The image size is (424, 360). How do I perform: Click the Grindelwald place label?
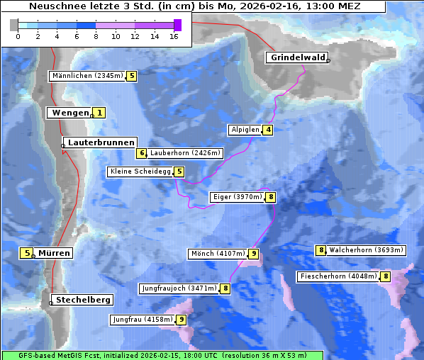[296, 57]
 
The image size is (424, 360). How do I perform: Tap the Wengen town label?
[69, 113]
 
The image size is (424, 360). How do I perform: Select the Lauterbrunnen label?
[101, 142]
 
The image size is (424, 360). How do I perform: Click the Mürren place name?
[54, 253]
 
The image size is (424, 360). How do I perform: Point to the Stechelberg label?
[84, 300]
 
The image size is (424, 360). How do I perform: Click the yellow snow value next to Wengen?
[100, 113]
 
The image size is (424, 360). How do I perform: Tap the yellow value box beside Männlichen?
[132, 75]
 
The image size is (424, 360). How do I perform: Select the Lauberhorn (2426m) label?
[186, 152]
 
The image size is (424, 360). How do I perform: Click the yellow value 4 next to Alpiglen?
[269, 130]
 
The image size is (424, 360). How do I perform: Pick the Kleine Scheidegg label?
[141, 171]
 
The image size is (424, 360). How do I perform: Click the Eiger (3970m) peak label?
[237, 197]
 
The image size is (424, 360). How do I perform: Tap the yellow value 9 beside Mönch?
[254, 254]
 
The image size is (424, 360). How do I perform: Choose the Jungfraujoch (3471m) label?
[179, 288]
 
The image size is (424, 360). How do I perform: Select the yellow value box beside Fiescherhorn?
[386, 276]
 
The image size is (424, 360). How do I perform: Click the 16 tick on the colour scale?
[174, 35]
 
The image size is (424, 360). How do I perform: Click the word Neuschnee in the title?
[56, 6]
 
